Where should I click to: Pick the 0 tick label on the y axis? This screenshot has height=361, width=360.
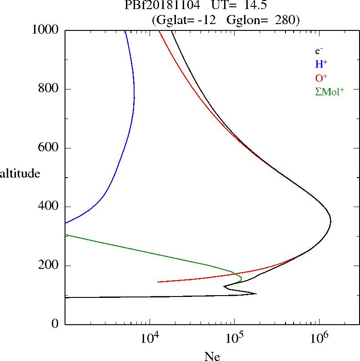tap(55, 324)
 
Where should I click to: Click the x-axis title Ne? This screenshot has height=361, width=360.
tap(212, 356)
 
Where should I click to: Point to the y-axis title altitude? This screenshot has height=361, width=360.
tap(20, 173)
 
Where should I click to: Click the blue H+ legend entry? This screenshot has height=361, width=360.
tap(321, 64)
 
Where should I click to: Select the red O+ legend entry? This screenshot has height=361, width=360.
tap(321, 78)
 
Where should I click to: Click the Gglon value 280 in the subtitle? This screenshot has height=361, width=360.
tap(283, 20)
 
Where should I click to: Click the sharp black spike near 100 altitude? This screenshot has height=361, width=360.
tap(256, 293)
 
